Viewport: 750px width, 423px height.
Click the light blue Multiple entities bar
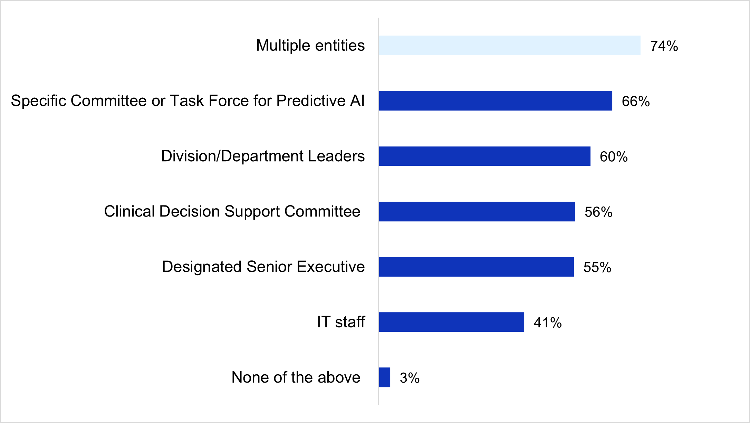coord(509,45)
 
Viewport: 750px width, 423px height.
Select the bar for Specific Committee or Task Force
coord(495,101)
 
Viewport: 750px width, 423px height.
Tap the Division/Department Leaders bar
coord(484,156)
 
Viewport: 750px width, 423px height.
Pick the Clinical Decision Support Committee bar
coord(477,211)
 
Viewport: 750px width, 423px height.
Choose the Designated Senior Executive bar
coord(476,267)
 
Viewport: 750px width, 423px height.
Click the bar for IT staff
coord(451,322)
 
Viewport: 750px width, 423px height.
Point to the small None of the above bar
coord(384,377)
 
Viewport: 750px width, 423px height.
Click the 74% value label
coord(664,46)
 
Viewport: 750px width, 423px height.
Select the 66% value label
coord(635,101)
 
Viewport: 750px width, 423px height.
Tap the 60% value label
coord(613,156)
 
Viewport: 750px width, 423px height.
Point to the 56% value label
coord(598,212)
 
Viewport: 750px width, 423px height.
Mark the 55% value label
coord(597,267)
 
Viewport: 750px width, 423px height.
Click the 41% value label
coord(547,323)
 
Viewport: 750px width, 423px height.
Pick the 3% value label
coord(409,378)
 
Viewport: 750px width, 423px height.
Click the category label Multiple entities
coord(310,45)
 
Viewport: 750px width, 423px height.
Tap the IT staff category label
coord(341,322)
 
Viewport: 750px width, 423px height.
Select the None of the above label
coord(296,377)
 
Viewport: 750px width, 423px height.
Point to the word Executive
coord(330,267)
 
